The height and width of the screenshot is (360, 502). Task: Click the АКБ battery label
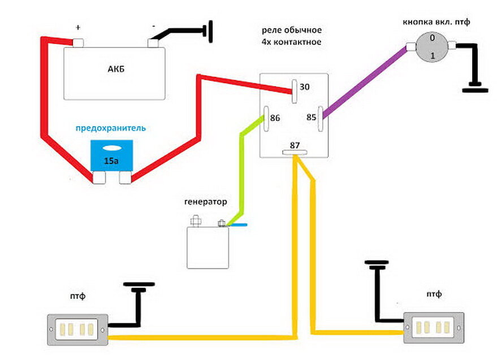(x=116, y=69)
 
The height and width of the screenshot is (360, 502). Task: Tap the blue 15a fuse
(x=111, y=156)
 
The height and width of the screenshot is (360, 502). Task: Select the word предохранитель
(x=110, y=128)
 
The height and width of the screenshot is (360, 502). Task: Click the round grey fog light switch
(x=432, y=47)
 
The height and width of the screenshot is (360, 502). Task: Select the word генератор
(x=206, y=202)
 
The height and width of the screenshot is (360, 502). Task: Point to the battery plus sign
(x=78, y=28)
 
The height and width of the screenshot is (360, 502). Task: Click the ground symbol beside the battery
(x=210, y=31)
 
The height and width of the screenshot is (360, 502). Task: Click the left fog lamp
(x=77, y=329)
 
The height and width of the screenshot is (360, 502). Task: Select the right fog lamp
(x=434, y=328)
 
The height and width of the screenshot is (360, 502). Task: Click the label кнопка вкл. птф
(x=436, y=22)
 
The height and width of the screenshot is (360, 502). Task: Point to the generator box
(x=208, y=248)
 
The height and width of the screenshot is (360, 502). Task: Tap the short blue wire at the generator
(x=237, y=225)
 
